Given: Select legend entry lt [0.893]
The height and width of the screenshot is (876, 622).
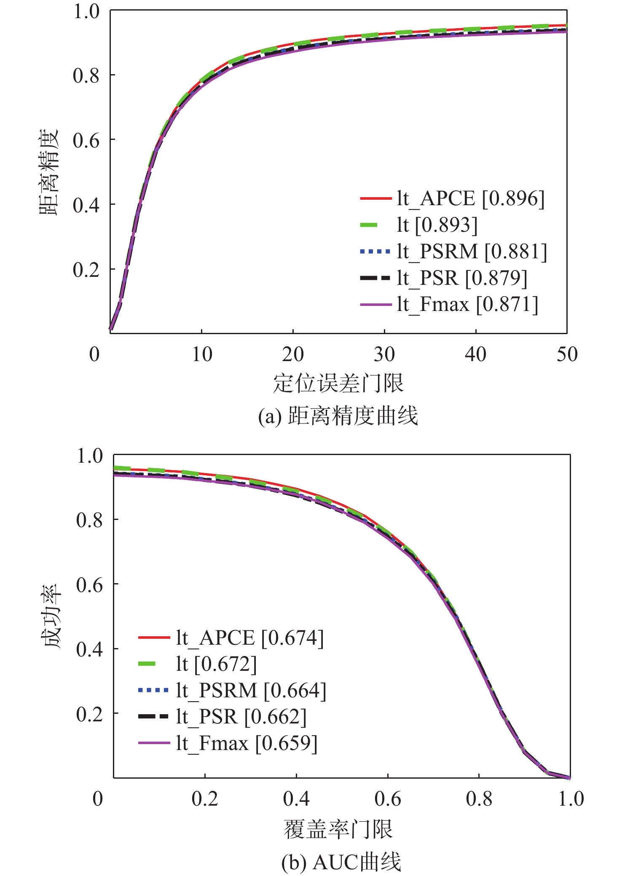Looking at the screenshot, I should point(437,225).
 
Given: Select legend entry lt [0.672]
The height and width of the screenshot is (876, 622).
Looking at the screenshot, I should point(216,664).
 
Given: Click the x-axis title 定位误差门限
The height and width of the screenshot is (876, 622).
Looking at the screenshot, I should point(338,383).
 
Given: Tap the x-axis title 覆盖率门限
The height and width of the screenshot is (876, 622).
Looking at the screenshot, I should point(338,829).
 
